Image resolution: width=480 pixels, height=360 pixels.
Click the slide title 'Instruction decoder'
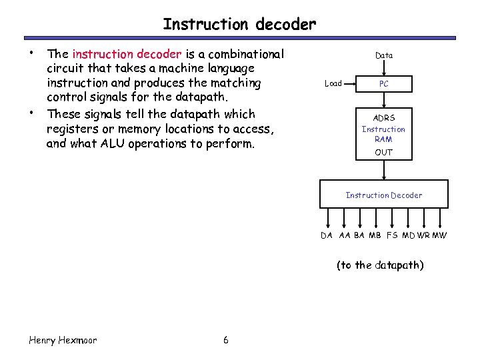tap(239, 25)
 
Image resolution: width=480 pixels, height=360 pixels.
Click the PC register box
tap(383, 84)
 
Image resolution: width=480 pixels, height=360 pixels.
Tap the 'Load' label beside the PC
tap(333, 84)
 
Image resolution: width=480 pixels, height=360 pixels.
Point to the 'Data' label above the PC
tap(384, 55)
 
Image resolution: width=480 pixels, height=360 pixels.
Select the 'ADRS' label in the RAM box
tap(383, 118)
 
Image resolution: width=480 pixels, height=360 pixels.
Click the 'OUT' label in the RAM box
tap(383, 152)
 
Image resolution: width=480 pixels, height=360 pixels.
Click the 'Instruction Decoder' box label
tap(383, 195)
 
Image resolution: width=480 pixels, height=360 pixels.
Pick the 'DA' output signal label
tap(327, 235)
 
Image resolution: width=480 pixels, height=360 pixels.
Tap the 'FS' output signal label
tap(392, 235)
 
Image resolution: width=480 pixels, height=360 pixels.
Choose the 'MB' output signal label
tap(375, 235)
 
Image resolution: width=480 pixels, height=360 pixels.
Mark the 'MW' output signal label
tap(440, 235)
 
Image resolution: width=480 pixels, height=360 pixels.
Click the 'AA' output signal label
tap(344, 235)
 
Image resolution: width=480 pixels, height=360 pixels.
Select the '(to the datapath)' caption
tap(380, 265)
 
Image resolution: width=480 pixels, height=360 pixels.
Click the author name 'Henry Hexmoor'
tap(63, 340)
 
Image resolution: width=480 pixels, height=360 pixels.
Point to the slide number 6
tap(226, 340)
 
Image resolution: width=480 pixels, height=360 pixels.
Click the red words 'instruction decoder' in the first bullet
tap(127, 54)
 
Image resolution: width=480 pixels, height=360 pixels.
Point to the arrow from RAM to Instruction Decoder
tap(383, 171)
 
